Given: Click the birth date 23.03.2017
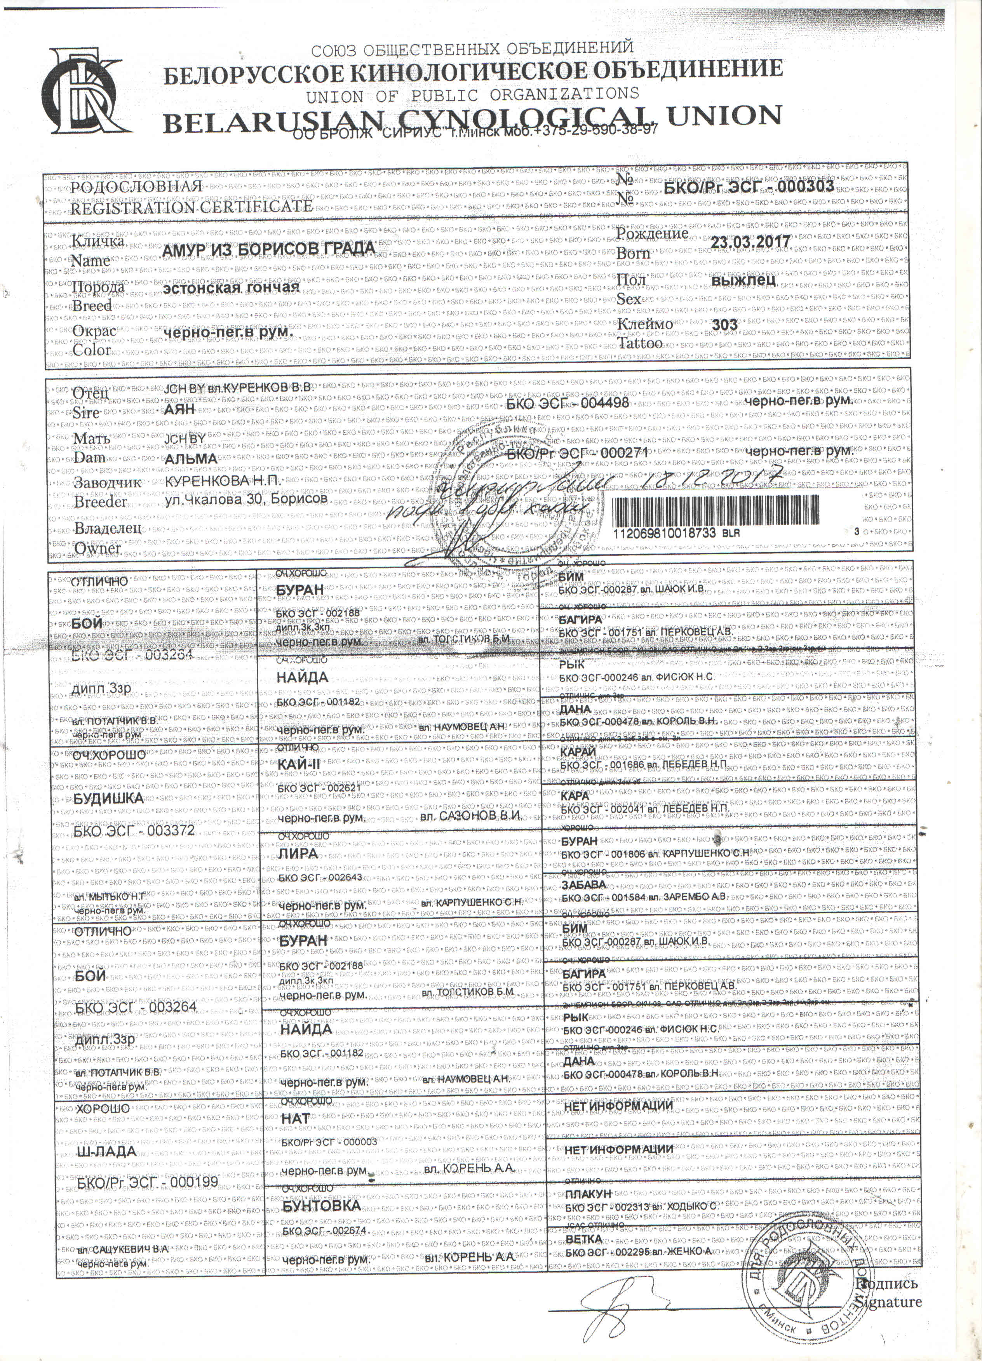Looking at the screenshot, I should pyautogui.click(x=750, y=242).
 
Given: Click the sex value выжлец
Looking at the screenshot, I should pyautogui.click(x=744, y=280).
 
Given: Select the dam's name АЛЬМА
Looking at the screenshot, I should pyautogui.click(x=191, y=458).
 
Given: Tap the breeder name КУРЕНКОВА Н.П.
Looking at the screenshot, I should pyautogui.click(x=223, y=481).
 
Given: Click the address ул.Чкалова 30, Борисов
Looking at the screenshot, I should pyautogui.click(x=246, y=499).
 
